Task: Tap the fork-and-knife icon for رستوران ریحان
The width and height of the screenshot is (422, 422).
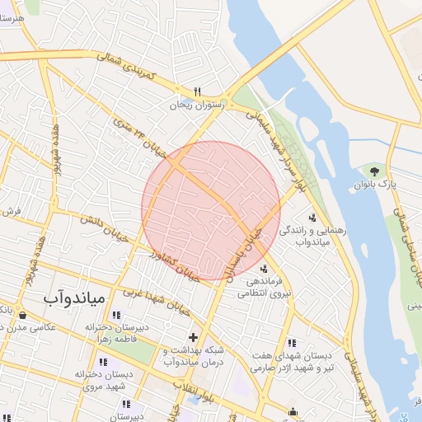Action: point(197,91)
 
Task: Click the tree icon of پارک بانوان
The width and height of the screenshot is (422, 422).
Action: point(375,171)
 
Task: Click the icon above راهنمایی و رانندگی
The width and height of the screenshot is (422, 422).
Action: point(312,218)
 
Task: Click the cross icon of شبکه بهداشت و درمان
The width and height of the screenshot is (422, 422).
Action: point(193,336)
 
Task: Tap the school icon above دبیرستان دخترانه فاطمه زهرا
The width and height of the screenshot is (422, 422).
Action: point(115,314)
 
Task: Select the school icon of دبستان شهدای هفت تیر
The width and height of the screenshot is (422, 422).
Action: point(292,342)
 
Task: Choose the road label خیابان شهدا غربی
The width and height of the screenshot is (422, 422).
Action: point(157,302)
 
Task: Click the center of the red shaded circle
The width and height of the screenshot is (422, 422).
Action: point(211,210)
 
